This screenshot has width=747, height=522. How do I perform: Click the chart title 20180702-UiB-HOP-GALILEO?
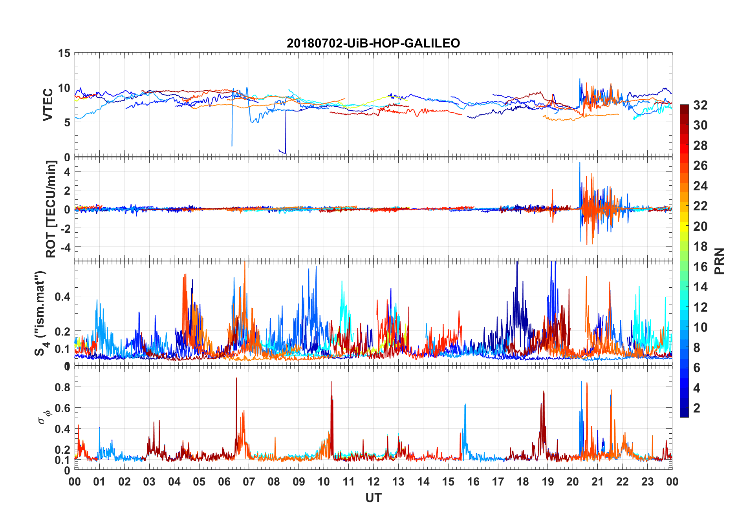coord(373,43)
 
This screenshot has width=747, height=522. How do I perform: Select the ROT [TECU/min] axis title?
coord(51,209)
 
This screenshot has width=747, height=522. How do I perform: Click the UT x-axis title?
coord(373,498)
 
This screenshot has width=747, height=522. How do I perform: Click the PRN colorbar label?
coord(719,261)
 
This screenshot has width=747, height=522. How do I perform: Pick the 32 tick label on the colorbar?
coord(700,105)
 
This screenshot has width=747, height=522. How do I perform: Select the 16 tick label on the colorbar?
coord(700,266)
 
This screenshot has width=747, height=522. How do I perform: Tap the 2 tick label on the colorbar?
coord(697,408)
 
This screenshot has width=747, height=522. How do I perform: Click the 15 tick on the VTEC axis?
coord(64,53)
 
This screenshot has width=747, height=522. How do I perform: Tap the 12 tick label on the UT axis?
coord(373,482)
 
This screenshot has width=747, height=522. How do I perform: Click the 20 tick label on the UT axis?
coord(573,482)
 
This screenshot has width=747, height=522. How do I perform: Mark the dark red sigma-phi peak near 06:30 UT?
coord(236,378)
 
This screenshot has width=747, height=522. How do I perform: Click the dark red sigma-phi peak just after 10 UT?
coord(331,382)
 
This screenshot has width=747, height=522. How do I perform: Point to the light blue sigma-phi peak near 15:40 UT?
coord(465,404)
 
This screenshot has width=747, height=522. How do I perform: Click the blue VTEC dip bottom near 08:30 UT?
coord(285,153)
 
